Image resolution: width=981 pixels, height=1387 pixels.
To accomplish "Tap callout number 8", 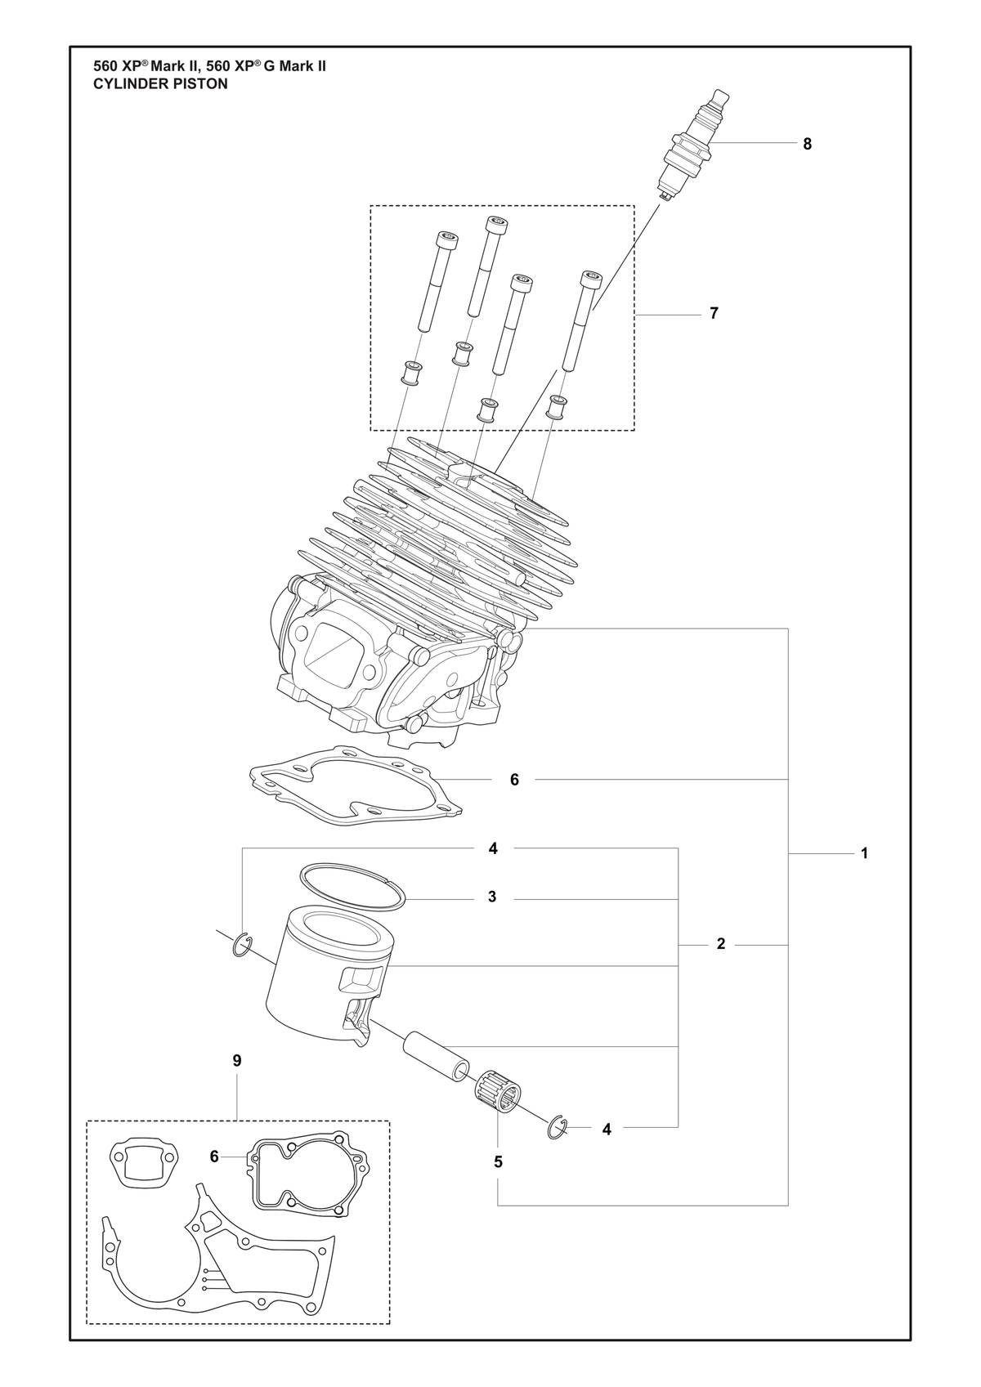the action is [807, 145].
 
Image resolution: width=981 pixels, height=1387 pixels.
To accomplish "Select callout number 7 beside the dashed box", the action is [714, 313].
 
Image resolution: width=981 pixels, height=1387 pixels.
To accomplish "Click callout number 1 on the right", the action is [864, 853].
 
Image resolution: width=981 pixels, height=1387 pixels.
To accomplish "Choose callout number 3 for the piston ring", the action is [492, 897].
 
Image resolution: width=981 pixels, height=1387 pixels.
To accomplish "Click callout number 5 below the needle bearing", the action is [498, 1162].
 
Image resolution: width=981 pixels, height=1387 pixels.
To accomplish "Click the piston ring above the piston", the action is [352, 887].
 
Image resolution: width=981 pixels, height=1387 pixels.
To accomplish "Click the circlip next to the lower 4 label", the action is [558, 1127].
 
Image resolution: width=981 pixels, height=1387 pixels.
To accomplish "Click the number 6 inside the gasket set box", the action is [214, 1157].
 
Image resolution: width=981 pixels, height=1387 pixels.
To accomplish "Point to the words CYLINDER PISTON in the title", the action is [160, 84].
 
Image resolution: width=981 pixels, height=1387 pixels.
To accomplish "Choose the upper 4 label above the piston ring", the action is [493, 848].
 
